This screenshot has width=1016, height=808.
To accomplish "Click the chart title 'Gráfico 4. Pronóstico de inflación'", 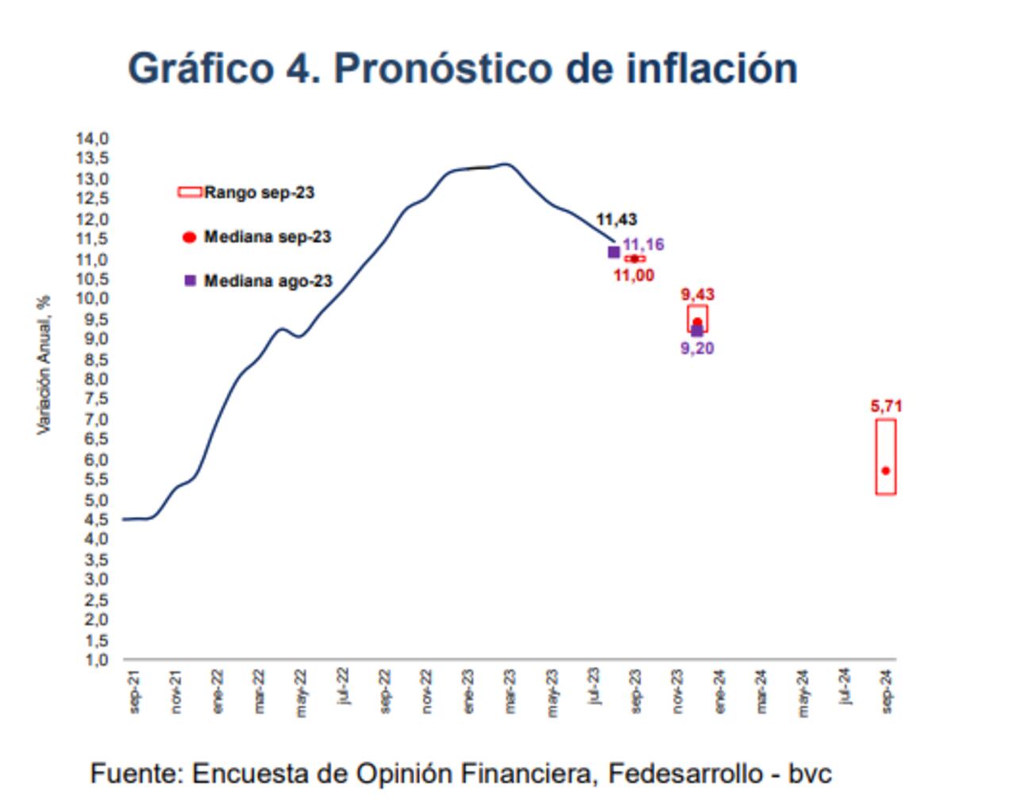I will coord(462,68).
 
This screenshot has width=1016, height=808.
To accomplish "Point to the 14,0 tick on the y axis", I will coord(92,139).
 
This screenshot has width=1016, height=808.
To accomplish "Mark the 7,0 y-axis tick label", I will coord(92,419).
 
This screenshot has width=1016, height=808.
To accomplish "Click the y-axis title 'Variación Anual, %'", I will coord(44,365).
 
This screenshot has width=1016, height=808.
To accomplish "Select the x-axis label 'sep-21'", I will coord(135,691).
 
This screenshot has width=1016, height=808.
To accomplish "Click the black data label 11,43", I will coord(616,220).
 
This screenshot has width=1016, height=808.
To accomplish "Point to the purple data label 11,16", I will coord(643,244).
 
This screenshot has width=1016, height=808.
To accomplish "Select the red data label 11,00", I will coord(633,275).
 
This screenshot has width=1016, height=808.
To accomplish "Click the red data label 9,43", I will coord(698,294).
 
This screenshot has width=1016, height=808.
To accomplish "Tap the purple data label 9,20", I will coord(698,348).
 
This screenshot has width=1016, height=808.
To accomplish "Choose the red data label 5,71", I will coord(886,406).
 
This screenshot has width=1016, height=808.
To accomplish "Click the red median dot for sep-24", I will coord(886,471).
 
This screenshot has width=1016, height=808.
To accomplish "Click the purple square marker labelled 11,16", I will coord(614,252).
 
